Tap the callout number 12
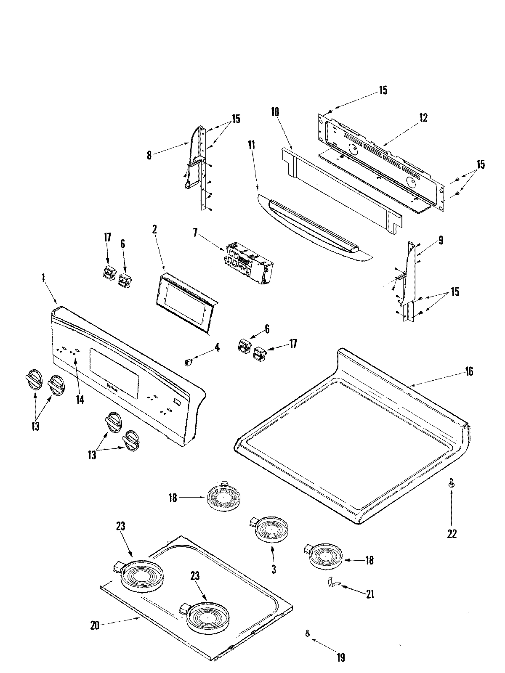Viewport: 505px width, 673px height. click(x=423, y=118)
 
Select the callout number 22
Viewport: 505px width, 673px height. click(x=452, y=533)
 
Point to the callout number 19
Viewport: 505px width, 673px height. click(x=341, y=657)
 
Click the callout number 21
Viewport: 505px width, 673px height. click(x=370, y=594)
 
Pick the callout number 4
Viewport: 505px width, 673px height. click(x=217, y=347)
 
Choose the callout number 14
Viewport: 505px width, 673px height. click(x=80, y=399)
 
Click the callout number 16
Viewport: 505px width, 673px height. click(x=469, y=371)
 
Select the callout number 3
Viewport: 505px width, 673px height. click(x=274, y=570)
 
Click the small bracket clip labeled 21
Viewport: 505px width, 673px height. click(x=332, y=583)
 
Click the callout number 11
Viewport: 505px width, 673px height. click(x=252, y=146)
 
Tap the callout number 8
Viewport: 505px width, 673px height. click(x=149, y=155)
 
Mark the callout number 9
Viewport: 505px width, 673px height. click(x=440, y=241)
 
